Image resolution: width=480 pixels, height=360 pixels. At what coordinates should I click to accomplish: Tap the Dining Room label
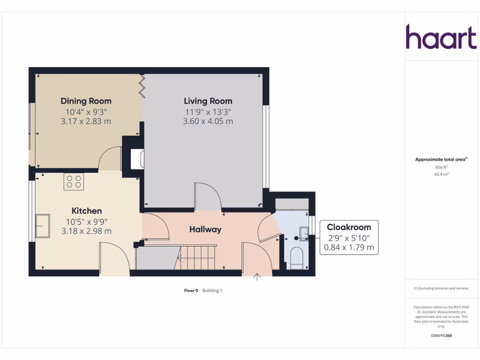(x=86, y=101)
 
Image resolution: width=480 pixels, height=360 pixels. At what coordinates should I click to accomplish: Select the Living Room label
(x=208, y=101)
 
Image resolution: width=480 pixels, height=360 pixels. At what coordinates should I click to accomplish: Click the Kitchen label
(x=86, y=211)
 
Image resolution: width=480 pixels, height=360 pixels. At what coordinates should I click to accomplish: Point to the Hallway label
(x=205, y=229)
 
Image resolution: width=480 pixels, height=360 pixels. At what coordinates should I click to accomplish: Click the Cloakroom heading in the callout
(x=349, y=227)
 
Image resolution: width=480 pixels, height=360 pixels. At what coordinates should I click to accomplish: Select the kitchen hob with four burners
(x=74, y=181)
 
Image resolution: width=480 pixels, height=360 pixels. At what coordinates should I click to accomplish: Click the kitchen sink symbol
(x=43, y=226)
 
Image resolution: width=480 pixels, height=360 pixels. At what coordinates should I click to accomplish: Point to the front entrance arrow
(x=257, y=277)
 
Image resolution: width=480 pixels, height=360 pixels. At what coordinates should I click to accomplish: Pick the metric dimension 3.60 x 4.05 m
(x=208, y=121)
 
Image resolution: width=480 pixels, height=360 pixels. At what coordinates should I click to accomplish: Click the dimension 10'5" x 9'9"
(x=86, y=221)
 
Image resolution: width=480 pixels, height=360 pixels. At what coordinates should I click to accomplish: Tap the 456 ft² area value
(x=441, y=167)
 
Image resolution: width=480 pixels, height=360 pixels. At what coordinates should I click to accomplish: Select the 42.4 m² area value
(x=441, y=174)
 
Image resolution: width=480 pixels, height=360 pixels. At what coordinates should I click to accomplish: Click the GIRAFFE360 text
(x=441, y=336)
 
